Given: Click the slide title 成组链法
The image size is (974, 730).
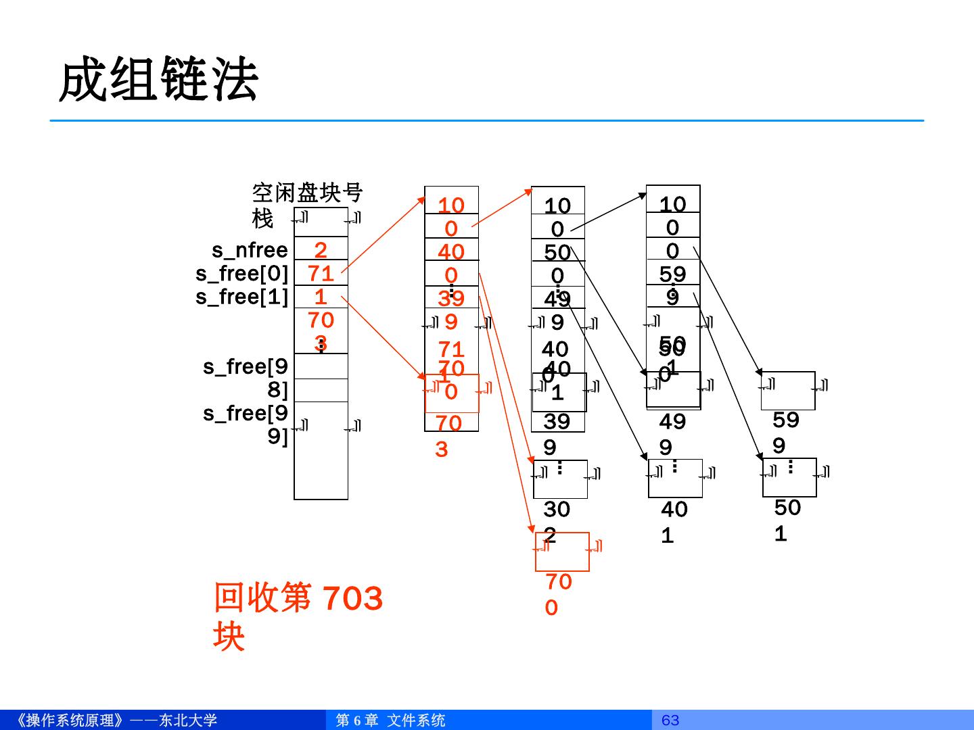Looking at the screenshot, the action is point(159,80).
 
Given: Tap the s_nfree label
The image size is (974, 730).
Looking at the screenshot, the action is point(250,250).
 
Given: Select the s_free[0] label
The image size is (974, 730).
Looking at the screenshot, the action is point(242,274).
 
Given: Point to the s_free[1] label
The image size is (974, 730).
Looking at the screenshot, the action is point(242,297).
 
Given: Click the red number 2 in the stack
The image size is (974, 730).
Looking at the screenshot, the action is point(321,250).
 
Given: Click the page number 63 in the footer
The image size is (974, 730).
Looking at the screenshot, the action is point(670,720).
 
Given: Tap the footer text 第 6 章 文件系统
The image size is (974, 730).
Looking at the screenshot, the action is point(390,720).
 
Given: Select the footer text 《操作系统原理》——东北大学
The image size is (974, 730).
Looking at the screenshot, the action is point(115,720).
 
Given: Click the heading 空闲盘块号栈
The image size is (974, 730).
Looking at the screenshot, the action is point(307,205).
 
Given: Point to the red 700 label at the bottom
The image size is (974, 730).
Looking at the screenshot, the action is point(558,594).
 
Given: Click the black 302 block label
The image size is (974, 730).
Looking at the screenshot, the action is point(557,521).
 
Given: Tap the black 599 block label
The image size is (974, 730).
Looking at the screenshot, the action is point(785,433).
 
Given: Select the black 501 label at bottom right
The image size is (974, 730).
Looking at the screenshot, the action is point(787,520).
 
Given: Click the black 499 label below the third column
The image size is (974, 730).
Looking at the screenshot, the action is point(672,434).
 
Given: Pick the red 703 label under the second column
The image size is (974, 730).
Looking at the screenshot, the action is point(448,435).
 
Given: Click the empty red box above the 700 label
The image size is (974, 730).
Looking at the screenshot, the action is point(562,552).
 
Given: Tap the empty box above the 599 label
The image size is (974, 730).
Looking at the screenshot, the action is point(788,391).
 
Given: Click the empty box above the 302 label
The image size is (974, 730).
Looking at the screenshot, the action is point(560,479).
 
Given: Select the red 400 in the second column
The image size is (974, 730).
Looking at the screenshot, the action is point(451,263).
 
